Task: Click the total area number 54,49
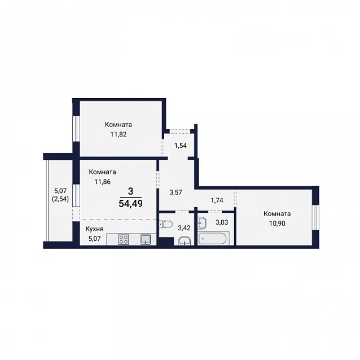131,204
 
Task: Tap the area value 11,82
118,134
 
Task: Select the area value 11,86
102,182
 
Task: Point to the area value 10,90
277,223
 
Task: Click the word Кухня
94,229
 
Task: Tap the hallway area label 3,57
175,192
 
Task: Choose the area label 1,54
180,146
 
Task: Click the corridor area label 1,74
217,200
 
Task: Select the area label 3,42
184,228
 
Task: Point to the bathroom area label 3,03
222,222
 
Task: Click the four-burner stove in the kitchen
124,239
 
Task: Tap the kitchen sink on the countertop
146,239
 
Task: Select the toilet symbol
166,224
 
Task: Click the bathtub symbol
213,239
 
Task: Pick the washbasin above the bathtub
202,223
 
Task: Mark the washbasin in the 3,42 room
185,241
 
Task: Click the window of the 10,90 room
315,217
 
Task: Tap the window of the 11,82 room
76,129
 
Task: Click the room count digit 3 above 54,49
130,191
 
